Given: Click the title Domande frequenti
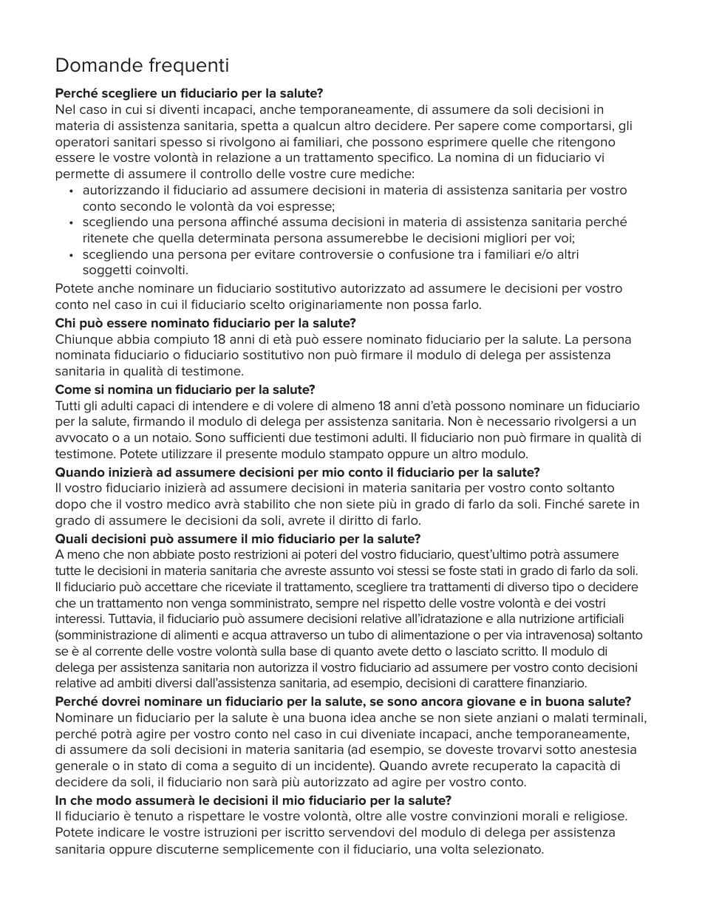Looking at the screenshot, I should (142, 66).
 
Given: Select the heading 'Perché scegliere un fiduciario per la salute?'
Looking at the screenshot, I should (189, 94).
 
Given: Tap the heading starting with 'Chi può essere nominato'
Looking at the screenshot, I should (205, 323).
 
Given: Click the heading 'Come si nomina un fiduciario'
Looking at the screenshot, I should (185, 389).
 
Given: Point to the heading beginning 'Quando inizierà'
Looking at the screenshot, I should (297, 472).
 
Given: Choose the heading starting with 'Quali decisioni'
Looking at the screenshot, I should (238, 539).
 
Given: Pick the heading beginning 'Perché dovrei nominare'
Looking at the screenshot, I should (343, 701).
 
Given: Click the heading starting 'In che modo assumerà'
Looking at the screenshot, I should (253, 800).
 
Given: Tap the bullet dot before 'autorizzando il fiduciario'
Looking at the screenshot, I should (71, 191).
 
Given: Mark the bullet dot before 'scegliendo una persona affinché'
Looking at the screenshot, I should (71, 222).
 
